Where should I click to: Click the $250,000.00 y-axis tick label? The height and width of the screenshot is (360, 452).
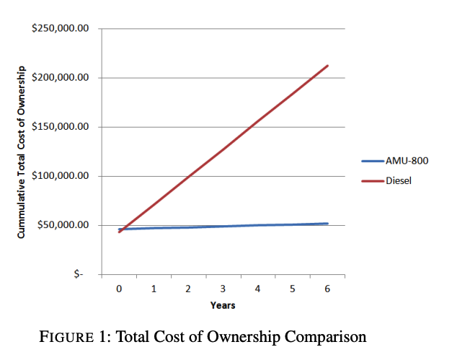[x=61, y=29]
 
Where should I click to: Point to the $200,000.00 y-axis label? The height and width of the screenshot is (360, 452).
[x=61, y=78]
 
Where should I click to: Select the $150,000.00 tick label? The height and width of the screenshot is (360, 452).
[x=61, y=127]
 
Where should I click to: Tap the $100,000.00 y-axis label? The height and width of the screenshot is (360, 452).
[x=61, y=176]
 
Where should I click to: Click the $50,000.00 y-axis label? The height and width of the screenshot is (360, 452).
[x=63, y=225]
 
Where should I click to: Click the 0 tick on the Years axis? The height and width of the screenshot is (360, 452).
[x=119, y=289]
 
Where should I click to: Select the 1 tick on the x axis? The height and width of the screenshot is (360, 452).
[x=154, y=289]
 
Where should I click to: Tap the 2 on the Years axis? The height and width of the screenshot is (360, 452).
[x=188, y=289]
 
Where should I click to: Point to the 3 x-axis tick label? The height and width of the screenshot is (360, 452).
[x=223, y=289]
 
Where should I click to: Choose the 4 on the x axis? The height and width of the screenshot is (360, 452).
[x=258, y=289]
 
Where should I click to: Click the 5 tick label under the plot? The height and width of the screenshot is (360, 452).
[x=293, y=289]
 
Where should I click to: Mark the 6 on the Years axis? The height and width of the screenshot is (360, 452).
[x=327, y=289]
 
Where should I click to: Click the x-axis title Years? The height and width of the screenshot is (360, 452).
[x=223, y=305]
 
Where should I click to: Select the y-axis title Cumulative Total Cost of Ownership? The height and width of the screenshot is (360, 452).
[x=22, y=152]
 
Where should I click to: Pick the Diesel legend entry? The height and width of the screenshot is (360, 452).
[x=399, y=180]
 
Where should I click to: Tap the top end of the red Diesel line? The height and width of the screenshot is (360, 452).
[x=328, y=66]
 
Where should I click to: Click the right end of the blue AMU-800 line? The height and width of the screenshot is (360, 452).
[x=328, y=224]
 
